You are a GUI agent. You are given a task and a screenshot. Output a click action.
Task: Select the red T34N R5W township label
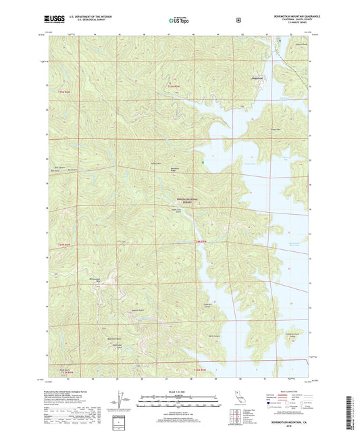[x=197, y=242]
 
